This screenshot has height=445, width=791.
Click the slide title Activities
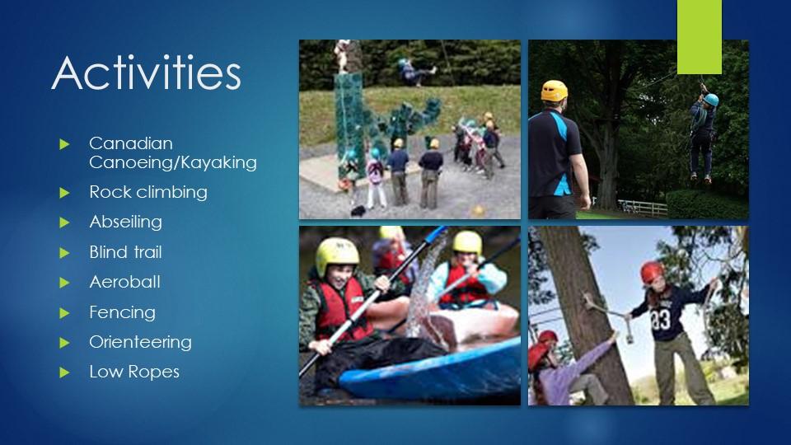(x=147, y=73)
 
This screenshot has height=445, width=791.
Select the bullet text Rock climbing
(x=148, y=192)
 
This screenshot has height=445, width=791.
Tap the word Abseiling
(x=125, y=222)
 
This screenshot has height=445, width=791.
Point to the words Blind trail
(x=125, y=252)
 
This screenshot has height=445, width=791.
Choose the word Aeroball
(x=125, y=282)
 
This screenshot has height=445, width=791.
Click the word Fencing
(x=123, y=312)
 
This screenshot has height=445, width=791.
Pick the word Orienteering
(x=141, y=341)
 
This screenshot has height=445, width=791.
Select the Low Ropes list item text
(x=134, y=372)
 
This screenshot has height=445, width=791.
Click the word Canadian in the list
(x=131, y=143)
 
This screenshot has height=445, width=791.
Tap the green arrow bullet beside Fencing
(x=64, y=313)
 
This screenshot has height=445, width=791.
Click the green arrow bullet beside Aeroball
(x=64, y=283)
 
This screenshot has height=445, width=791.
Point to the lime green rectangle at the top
(x=700, y=37)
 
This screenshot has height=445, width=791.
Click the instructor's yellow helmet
(x=554, y=91)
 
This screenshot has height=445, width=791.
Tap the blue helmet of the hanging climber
(x=711, y=100)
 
